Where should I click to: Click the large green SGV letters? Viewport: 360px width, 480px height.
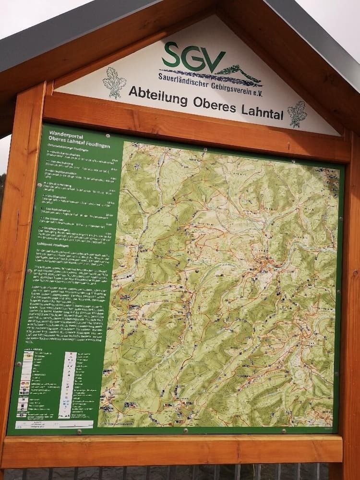(193, 56)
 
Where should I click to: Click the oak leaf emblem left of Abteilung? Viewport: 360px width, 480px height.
(114, 82)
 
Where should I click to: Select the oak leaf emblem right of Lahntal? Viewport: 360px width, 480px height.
(297, 114)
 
